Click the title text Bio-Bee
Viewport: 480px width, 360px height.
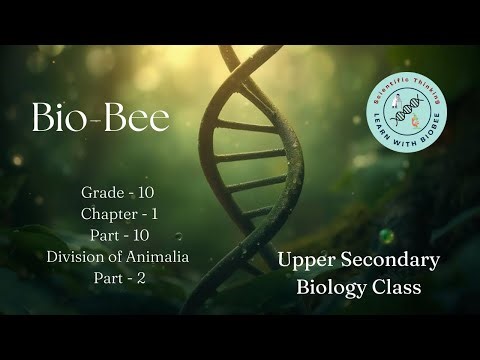coord(100,118)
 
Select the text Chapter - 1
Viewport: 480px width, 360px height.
coord(118,214)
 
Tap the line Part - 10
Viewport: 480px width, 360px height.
coord(118,235)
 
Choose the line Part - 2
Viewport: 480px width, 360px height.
coord(118,278)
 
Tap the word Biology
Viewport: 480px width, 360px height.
coord(331,288)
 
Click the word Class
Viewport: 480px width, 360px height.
coord(397,288)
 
